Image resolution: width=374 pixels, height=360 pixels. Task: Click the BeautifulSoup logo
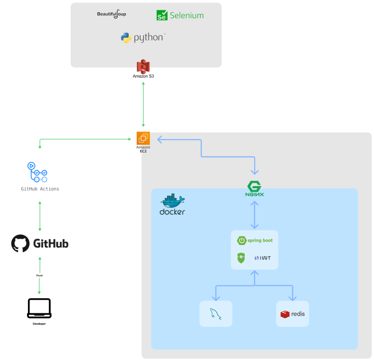[112, 14]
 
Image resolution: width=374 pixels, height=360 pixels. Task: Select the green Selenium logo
[180, 15]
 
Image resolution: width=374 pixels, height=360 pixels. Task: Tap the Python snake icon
[126, 38]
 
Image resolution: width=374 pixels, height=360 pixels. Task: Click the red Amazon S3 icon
[143, 66]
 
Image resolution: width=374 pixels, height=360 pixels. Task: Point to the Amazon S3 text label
[143, 76]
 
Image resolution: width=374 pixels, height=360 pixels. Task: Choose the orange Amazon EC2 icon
[143, 138]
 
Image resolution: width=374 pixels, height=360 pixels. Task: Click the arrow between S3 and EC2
[143, 104]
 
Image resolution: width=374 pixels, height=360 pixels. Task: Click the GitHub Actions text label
[40, 189]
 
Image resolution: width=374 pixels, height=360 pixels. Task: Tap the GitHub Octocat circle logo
[21, 244]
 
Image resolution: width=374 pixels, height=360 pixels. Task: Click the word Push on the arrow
[39, 276]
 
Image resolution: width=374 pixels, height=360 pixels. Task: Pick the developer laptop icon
[39, 308]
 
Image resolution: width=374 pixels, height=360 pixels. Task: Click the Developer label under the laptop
[39, 324]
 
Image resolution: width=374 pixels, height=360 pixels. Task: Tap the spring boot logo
[255, 240]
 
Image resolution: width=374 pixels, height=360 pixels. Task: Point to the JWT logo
[262, 258]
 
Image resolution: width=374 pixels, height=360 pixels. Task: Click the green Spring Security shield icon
[241, 258]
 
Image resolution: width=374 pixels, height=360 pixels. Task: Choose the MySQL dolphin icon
[215, 314]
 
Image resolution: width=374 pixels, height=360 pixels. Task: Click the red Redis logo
[292, 314]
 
